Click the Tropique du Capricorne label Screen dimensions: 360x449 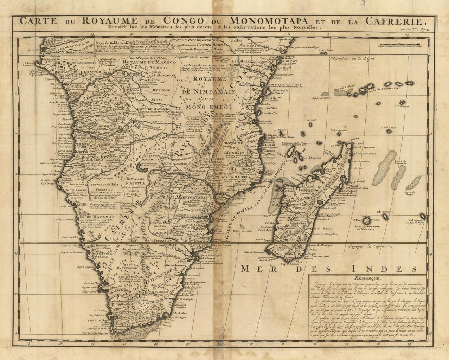371,246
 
